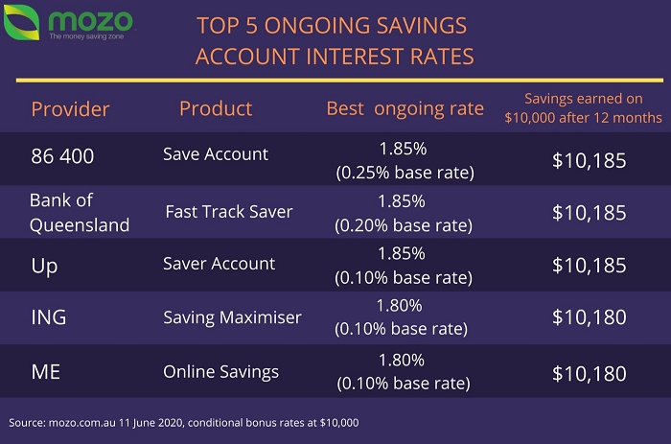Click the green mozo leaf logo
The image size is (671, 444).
click(x=21, y=22)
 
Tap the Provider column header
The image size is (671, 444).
click(x=70, y=109)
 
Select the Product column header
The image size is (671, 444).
click(x=216, y=108)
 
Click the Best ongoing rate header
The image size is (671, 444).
click(x=405, y=109)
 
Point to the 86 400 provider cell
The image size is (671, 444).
click(x=62, y=156)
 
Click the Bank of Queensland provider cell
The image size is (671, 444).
click(x=80, y=212)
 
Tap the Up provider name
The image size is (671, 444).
click(x=44, y=267)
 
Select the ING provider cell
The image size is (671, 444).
click(x=49, y=317)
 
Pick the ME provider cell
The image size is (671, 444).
click(x=46, y=372)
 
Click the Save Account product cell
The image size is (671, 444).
click(x=216, y=154)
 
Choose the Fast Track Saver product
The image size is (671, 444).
click(x=229, y=212)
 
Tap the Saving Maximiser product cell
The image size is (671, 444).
click(x=232, y=317)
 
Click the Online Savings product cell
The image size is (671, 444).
click(x=220, y=372)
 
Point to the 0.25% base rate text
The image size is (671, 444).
click(x=405, y=173)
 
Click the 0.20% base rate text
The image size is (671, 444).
click(x=404, y=225)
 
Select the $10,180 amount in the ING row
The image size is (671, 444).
click(x=590, y=317)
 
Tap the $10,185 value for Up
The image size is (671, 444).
click(x=590, y=266)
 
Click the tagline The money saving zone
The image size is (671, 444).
click(x=86, y=36)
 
